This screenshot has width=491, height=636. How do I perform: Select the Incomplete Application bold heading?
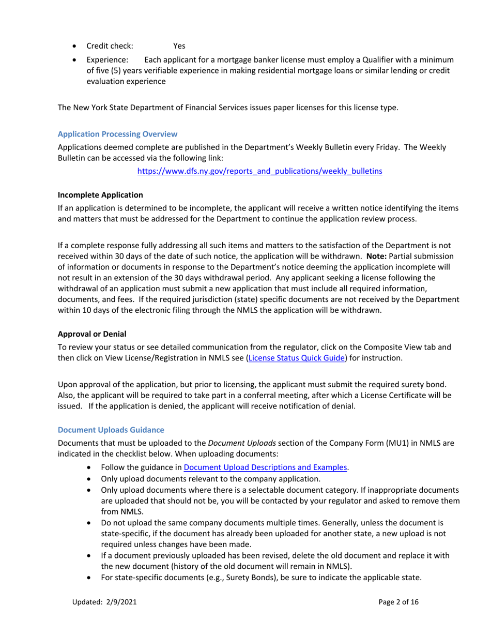pyautogui.click(x=100, y=195)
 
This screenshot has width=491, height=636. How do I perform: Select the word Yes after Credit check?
pyautogui.click(x=179, y=46)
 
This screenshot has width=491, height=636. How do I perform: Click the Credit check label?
pyautogui.click(x=110, y=46)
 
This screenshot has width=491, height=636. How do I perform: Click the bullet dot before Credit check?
pyautogui.click(x=76, y=46)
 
